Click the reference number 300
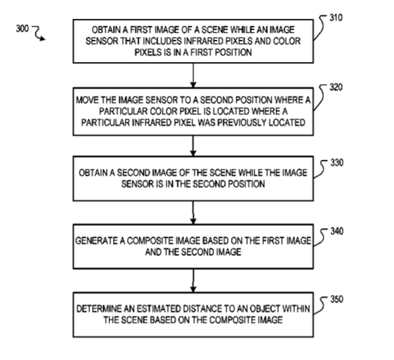pyautogui.click(x=22, y=29)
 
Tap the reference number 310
pyautogui.click(x=336, y=18)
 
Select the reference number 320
pyautogui.click(x=336, y=87)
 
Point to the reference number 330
pyautogui.click(x=337, y=163)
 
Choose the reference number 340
pyautogui.click(x=337, y=232)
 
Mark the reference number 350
pyautogui.click(x=337, y=299)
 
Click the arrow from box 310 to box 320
pyautogui.click(x=193, y=75)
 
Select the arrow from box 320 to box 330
pyautogui.click(x=193, y=146)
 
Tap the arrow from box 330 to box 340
pyautogui.click(x=193, y=212)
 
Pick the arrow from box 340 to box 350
pyautogui.click(x=193, y=280)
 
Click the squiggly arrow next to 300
pyautogui.click(x=38, y=33)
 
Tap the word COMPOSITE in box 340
pyautogui.click(x=150, y=241)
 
